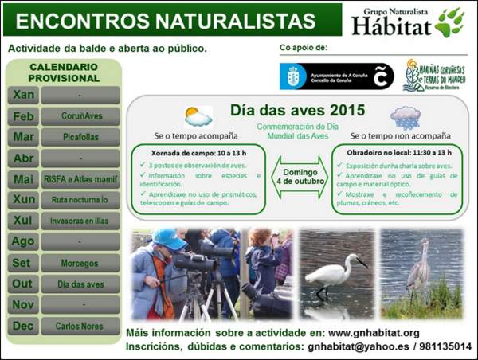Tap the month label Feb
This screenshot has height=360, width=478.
(x=24, y=116)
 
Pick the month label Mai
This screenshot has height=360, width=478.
(x=24, y=179)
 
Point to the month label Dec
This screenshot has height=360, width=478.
(x=24, y=326)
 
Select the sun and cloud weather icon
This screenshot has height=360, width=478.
(x=198, y=117)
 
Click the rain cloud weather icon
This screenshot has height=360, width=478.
(x=406, y=117)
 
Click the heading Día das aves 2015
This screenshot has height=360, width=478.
(x=298, y=110)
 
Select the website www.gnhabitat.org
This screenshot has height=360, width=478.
(x=374, y=332)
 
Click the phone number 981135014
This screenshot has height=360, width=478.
(x=445, y=347)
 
